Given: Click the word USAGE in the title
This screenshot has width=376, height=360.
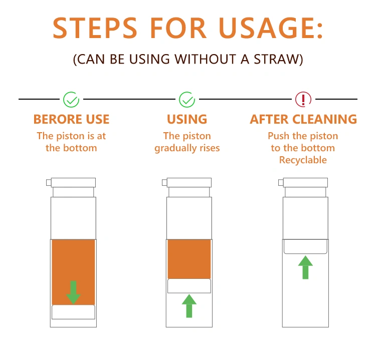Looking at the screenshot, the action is pyautogui.click(x=271, y=28).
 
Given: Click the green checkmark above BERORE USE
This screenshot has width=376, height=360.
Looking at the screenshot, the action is pyautogui.click(x=71, y=100).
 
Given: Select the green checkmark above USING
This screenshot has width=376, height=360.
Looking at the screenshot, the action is pyautogui.click(x=187, y=100).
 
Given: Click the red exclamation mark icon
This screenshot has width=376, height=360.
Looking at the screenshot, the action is pyautogui.click(x=303, y=100).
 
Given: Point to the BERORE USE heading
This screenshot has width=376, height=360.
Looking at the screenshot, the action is pyautogui.click(x=72, y=119).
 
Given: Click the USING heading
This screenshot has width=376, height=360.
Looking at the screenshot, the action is pyautogui.click(x=187, y=119).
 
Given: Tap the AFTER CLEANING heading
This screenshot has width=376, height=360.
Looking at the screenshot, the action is pyautogui.click(x=303, y=119).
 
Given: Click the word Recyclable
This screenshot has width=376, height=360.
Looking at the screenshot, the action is pyautogui.click(x=303, y=160).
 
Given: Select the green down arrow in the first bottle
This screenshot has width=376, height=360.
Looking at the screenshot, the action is pyautogui.click(x=73, y=292).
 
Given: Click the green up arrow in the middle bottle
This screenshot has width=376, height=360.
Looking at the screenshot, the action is pyautogui.click(x=189, y=306).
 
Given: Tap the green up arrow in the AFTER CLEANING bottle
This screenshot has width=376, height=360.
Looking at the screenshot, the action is pyautogui.click(x=305, y=267).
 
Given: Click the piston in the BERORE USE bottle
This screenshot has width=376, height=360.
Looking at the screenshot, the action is pyautogui.click(x=73, y=312).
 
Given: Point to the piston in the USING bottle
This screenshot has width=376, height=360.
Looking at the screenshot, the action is pyautogui.click(x=189, y=286).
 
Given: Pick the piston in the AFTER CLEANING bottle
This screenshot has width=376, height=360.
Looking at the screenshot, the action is pyautogui.click(x=305, y=246).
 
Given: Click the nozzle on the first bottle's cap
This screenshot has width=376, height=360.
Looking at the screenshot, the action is pyautogui.click(x=49, y=183).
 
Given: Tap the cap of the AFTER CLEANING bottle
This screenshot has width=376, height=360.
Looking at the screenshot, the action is pyautogui.click(x=305, y=183).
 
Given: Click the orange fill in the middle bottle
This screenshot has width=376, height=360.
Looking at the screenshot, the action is pyautogui.click(x=189, y=259).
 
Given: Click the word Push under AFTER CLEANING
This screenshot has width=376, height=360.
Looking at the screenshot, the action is pyautogui.click(x=278, y=136).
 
